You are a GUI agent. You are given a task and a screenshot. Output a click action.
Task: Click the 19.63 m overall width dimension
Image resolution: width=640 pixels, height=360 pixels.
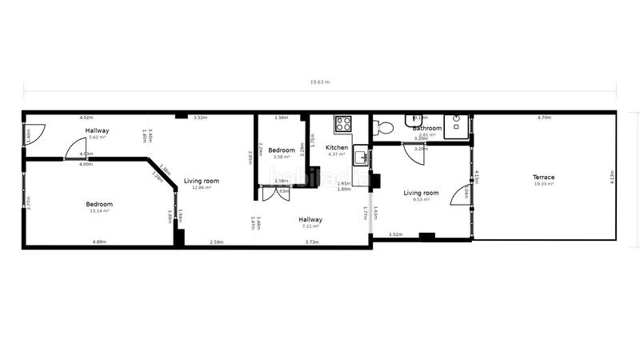click(319, 82)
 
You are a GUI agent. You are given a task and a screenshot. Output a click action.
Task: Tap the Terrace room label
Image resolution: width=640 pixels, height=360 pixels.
click(544, 177)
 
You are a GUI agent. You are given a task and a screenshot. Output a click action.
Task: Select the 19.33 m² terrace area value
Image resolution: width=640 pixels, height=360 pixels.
click(544, 184)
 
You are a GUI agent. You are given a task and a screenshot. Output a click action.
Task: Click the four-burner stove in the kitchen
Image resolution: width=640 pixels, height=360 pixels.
click(343, 123)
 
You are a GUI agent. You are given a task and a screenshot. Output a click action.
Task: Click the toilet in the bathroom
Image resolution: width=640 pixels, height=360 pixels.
click(384, 126)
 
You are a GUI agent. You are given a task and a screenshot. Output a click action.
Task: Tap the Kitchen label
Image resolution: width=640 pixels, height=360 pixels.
click(337, 147)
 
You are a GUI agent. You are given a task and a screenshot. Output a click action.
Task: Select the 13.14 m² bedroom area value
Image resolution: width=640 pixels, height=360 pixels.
click(99, 211)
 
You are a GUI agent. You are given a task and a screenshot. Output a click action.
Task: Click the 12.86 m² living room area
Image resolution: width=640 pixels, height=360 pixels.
click(201, 188)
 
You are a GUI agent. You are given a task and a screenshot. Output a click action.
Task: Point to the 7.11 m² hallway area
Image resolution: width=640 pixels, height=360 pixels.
click(310, 226)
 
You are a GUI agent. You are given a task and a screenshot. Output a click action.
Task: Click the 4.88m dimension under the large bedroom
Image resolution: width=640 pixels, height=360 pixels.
click(99, 242)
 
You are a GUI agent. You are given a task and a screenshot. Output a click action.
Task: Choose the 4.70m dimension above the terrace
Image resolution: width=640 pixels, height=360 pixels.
click(544, 118)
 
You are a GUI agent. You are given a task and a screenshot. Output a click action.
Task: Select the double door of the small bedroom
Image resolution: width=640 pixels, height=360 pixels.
click(270, 193)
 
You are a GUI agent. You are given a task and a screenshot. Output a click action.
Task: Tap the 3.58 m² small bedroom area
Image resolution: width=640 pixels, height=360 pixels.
click(282, 157)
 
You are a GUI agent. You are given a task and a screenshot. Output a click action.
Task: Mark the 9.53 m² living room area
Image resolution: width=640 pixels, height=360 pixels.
click(421, 200)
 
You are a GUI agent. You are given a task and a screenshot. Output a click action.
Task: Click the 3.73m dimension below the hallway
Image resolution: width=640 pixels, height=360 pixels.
click(312, 242)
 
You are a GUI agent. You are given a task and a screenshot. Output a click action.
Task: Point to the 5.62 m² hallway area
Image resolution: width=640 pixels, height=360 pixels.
click(98, 138)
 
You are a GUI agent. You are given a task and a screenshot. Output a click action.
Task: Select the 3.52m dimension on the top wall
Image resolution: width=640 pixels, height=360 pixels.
click(201, 118)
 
